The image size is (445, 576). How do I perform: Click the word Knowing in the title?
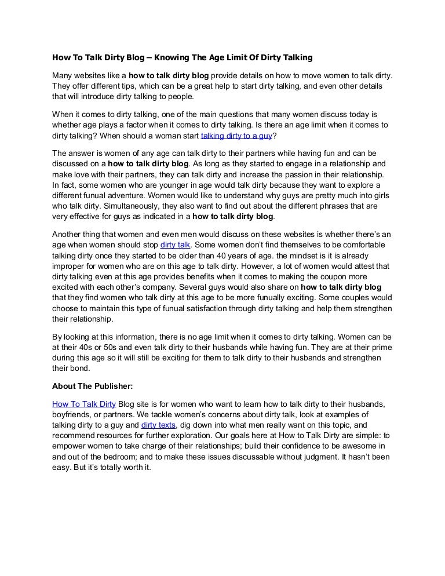(186, 57)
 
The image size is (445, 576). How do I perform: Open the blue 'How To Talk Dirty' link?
(84, 403)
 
